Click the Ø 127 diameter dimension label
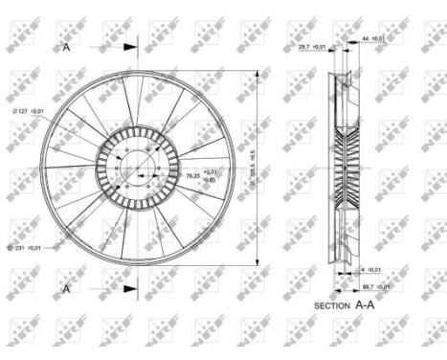coord(28,112)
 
